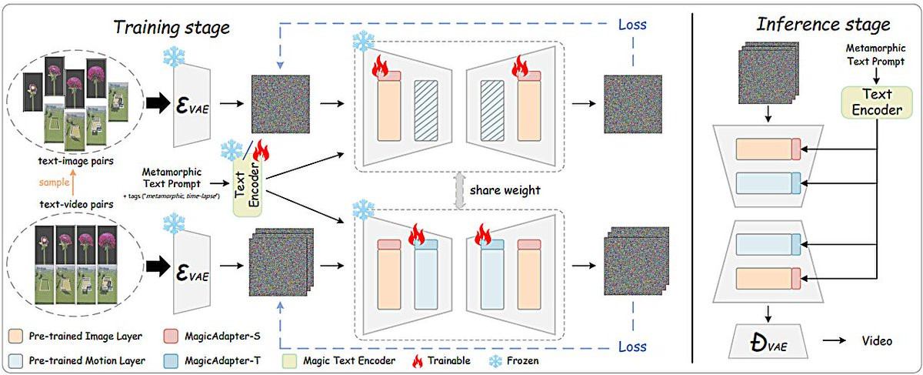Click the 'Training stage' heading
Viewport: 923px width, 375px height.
coord(172,28)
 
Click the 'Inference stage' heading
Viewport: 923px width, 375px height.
coord(823,25)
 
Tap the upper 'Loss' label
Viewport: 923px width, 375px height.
coord(632,25)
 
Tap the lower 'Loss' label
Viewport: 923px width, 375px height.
coord(632,347)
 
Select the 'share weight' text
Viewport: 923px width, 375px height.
coord(505,190)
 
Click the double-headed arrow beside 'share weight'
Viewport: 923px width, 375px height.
coord(459,190)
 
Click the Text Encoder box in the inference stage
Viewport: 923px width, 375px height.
coord(877,102)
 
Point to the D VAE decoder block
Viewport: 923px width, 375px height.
coord(768,341)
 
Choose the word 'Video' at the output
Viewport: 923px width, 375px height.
coord(878,341)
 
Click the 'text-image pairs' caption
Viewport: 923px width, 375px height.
coord(76,161)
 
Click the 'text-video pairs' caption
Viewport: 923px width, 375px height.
coord(77,204)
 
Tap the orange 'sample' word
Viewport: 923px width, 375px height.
coord(54,182)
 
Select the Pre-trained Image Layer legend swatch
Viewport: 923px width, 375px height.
coord(15,336)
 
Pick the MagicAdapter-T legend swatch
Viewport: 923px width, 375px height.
coord(171,361)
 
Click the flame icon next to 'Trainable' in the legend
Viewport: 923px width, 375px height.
coord(418,361)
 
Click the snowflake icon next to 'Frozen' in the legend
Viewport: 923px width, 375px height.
coord(495,361)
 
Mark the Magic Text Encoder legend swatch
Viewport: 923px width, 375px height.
coord(289,361)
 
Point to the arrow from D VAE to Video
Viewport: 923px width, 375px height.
coord(834,341)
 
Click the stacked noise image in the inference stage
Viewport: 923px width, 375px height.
coord(768,73)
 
